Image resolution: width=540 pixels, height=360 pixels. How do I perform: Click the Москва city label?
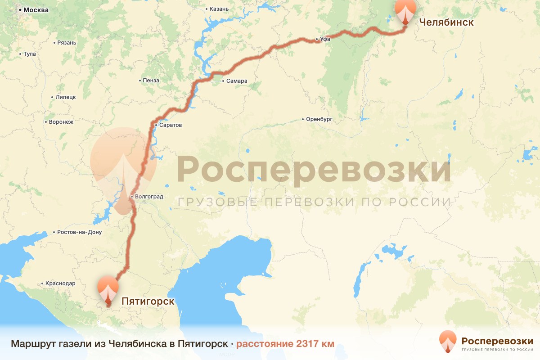[x=36, y=10]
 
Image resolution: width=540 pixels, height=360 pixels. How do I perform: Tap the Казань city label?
[x=220, y=9]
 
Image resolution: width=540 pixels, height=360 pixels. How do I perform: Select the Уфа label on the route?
[x=325, y=40]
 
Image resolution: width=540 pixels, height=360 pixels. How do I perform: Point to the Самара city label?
[x=237, y=81]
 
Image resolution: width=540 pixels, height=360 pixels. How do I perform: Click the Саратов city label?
[x=171, y=125]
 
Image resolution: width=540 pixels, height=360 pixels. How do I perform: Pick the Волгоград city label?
[x=149, y=197]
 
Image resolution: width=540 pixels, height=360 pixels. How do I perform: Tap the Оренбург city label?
[x=319, y=119]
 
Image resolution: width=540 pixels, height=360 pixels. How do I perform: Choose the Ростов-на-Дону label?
[x=80, y=232]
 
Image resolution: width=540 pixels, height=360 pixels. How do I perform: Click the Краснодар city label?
[x=60, y=283]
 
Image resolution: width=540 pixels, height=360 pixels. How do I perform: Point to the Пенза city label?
[x=151, y=81]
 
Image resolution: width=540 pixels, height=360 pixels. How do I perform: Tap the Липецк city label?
[x=66, y=97]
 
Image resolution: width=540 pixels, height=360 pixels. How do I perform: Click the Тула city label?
[x=29, y=54]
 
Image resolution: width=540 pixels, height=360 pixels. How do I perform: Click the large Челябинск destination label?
[x=446, y=22]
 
